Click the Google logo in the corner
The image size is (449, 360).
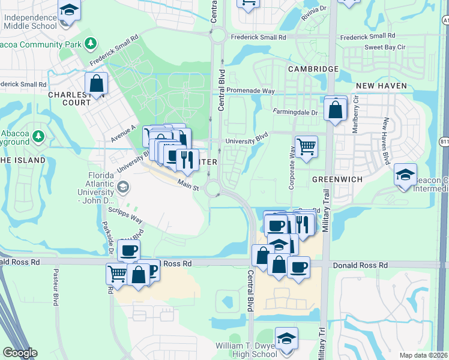coord(20,353)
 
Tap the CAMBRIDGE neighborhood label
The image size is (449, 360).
coord(313,69)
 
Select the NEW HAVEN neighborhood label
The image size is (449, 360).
coord(378,86)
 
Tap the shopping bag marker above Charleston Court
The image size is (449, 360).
coord(96,84)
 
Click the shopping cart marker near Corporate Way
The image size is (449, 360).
coord(306,146)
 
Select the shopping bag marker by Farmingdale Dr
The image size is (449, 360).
coord(336,109)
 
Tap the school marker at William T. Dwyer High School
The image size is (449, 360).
coord(287,338)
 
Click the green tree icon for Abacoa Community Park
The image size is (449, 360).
coord(90,43)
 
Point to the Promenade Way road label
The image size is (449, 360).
coord(250,91)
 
